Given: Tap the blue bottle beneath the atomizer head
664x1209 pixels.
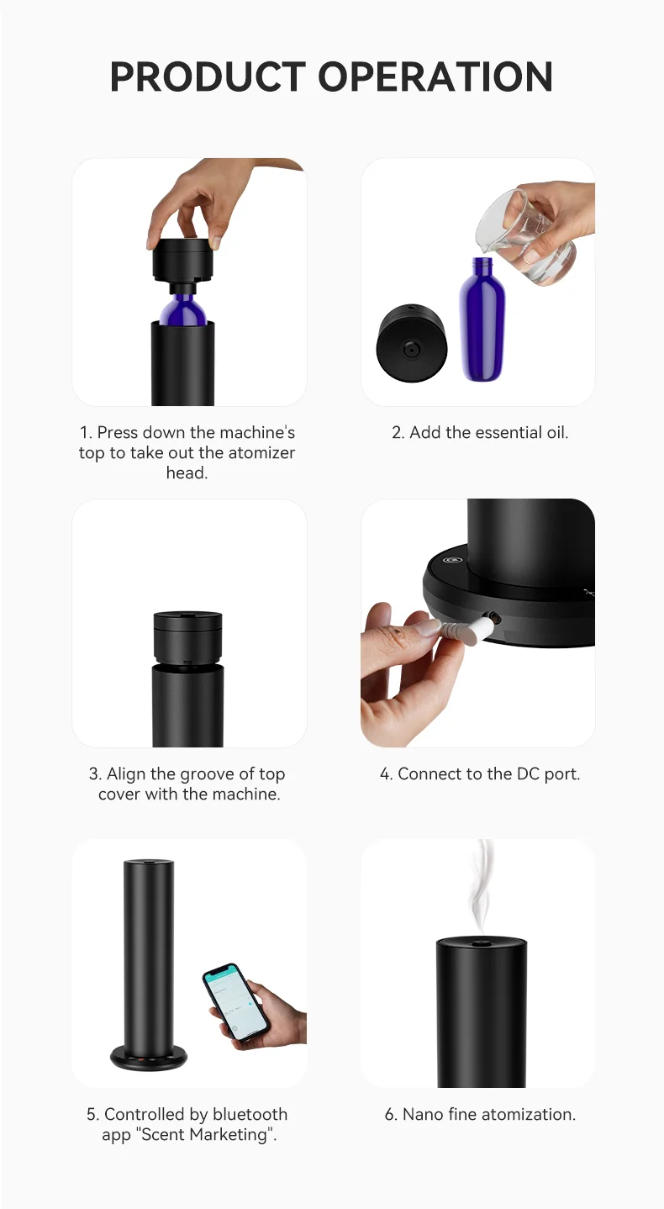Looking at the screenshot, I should pos(183,309).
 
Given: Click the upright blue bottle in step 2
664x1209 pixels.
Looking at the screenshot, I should pos(482,324).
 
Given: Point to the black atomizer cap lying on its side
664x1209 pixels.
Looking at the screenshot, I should pos(412,344).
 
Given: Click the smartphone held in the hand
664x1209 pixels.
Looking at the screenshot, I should pos(235,1001).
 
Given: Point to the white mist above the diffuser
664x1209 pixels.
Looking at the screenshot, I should pos(480,887).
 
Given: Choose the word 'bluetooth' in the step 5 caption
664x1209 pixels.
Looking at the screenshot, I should pos(250,1114).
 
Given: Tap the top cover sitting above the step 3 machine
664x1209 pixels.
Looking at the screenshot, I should pos(187,636).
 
